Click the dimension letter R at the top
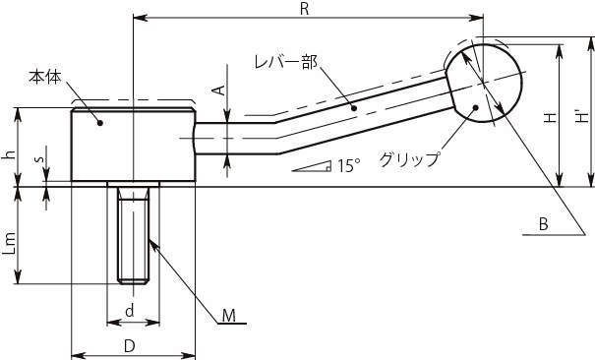tap(304, 9)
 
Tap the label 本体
tap(45, 78)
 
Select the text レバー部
tap(286, 62)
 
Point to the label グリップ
tap(410, 159)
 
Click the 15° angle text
tap(349, 166)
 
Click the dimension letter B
tap(544, 224)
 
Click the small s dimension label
tap(39, 159)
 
